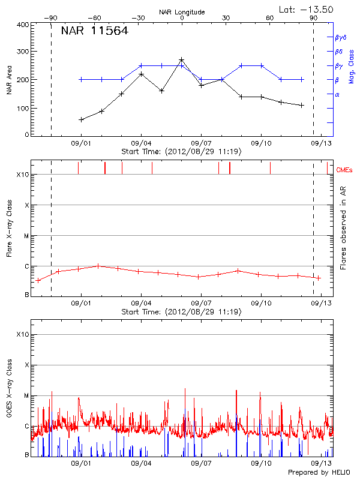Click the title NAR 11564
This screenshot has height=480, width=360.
(x=94, y=32)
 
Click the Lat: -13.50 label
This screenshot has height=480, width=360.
(x=305, y=9)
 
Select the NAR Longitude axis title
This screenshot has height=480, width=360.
(x=182, y=11)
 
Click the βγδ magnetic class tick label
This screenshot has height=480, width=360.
(x=341, y=37)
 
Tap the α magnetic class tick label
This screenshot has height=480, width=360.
(x=337, y=94)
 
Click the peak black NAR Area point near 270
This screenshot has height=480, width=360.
(x=181, y=60)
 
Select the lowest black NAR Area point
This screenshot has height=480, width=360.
(x=81, y=119)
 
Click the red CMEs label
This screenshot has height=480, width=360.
(x=344, y=170)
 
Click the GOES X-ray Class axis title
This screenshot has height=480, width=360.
(x=8, y=394)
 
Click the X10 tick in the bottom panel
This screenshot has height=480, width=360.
(x=23, y=334)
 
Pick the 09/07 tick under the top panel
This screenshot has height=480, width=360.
(x=201, y=143)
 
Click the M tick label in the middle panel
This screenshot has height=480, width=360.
(x=26, y=236)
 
